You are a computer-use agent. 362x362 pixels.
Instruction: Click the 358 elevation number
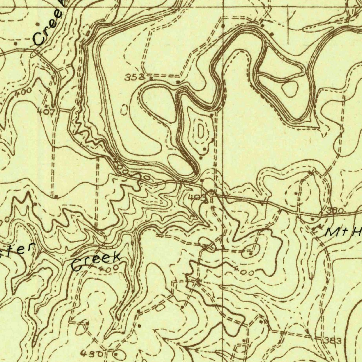[135, 77]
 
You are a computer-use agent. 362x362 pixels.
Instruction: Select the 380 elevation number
[335, 211]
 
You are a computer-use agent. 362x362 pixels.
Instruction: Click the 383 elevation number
[333, 341]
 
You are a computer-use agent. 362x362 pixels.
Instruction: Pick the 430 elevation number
[92, 353]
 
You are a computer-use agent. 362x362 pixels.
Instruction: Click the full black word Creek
[96, 261]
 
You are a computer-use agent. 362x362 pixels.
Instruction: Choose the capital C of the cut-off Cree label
[38, 39]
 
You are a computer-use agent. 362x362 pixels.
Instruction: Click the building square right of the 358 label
[152, 78]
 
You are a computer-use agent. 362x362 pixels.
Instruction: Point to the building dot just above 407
[46, 105]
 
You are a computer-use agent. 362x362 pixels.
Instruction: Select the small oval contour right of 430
[119, 354]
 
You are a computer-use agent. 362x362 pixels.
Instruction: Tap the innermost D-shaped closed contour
[200, 131]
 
